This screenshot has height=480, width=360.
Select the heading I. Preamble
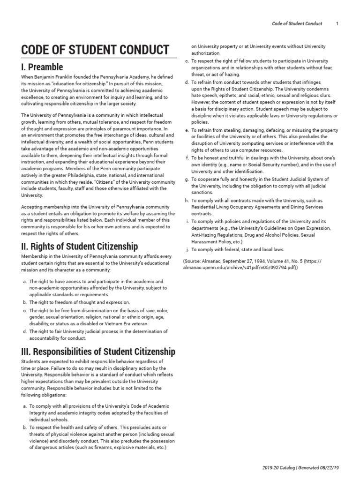point(42,67)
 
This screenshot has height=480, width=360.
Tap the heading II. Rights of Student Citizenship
point(80,246)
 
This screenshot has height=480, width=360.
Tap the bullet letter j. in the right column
point(187,249)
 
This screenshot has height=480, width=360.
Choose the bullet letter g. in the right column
point(187,179)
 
